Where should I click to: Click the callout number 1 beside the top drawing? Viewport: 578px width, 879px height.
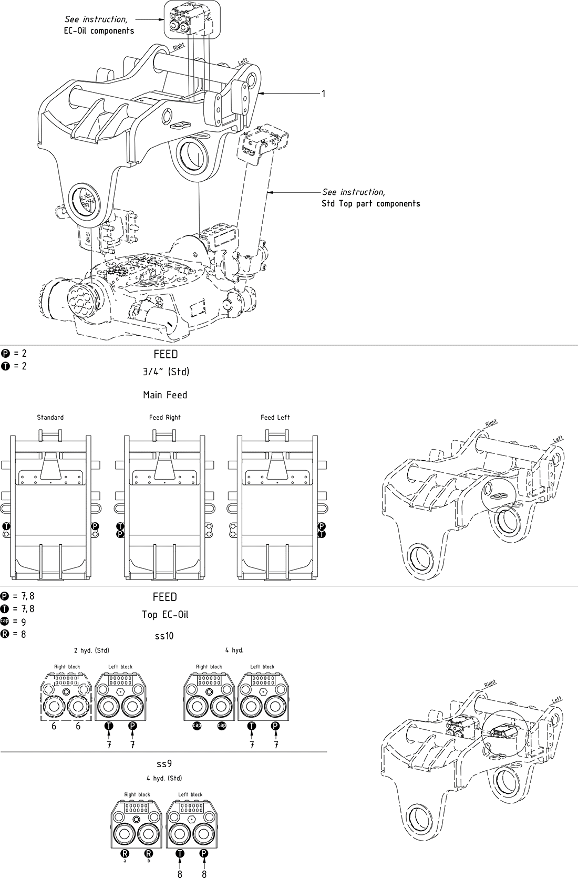pyautogui.click(x=324, y=94)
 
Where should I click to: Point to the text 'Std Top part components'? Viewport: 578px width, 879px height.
pyautogui.click(x=370, y=203)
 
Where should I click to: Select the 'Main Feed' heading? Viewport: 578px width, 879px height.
pyautogui.click(x=165, y=395)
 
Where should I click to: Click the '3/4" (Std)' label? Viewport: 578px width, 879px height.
pyautogui.click(x=166, y=371)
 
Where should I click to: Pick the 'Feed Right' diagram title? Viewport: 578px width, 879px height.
pyautogui.click(x=164, y=417)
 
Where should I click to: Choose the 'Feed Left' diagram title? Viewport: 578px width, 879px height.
pyautogui.click(x=275, y=417)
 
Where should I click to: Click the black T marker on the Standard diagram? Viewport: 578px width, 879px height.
pyautogui.click(x=6, y=526)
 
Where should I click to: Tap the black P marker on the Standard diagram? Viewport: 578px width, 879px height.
pyautogui.click(x=95, y=526)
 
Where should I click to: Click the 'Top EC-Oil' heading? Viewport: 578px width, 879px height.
pyautogui.click(x=165, y=614)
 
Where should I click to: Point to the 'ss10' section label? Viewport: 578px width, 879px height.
pyautogui.click(x=164, y=636)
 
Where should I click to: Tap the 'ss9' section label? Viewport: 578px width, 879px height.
pyautogui.click(x=164, y=763)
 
